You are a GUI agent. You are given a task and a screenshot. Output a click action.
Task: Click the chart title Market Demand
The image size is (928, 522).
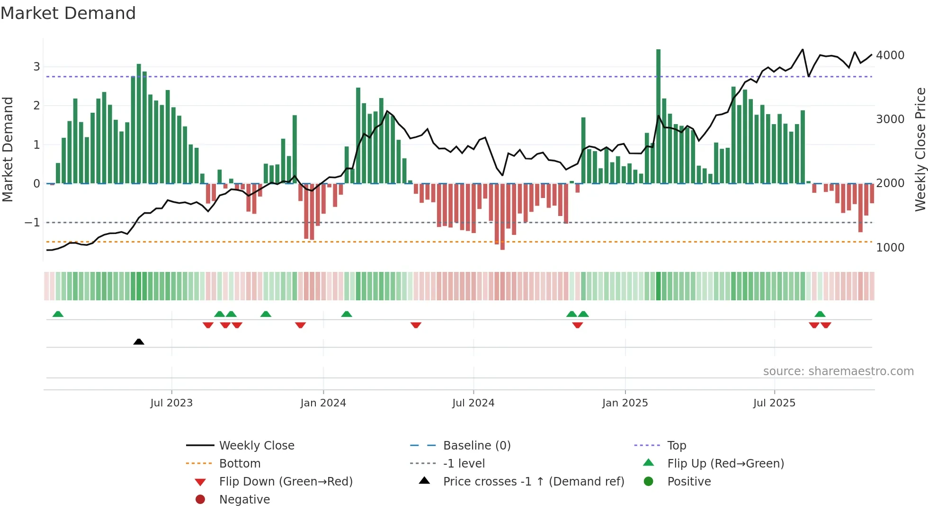tap(68, 13)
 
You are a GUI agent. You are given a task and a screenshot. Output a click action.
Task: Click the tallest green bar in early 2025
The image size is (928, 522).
tap(658, 116)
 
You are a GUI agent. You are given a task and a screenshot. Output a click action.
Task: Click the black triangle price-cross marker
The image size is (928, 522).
tap(139, 342)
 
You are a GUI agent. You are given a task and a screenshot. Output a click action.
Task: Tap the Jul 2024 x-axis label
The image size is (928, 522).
tap(473, 403)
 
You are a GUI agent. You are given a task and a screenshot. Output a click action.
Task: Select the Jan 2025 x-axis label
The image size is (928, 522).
tap(625, 403)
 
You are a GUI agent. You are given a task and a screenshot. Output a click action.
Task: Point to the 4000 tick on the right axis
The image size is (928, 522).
tap(890, 55)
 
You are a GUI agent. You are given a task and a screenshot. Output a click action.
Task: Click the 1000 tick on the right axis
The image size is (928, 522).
tap(890, 248)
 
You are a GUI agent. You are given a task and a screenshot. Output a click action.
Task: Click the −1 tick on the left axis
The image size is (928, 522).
tap(32, 222)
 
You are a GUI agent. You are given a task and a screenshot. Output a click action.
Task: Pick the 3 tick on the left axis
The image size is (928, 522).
tap(36, 67)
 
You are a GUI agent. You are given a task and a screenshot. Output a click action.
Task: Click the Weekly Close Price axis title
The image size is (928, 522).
tap(920, 149)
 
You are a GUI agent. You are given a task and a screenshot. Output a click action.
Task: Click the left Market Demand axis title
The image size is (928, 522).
tap(8, 149)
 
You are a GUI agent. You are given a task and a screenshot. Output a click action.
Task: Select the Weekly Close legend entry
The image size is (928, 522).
tap(256, 446)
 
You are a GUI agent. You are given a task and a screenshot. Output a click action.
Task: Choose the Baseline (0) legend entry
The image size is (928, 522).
tap(476, 446)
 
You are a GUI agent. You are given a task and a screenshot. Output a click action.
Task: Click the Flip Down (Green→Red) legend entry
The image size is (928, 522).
tap(286, 482)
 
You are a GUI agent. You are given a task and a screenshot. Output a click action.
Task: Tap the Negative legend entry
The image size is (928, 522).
tap(244, 500)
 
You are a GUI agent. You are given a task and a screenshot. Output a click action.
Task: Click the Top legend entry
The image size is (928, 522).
tap(676, 446)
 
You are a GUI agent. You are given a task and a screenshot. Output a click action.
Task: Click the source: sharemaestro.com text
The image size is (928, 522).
tap(838, 371)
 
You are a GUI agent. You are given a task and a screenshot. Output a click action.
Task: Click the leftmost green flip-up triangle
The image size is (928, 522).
tap(58, 314)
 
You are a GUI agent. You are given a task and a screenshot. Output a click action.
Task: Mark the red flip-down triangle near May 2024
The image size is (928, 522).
tap(416, 325)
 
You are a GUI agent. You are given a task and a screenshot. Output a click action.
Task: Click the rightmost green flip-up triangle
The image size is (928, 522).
tap(820, 314)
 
